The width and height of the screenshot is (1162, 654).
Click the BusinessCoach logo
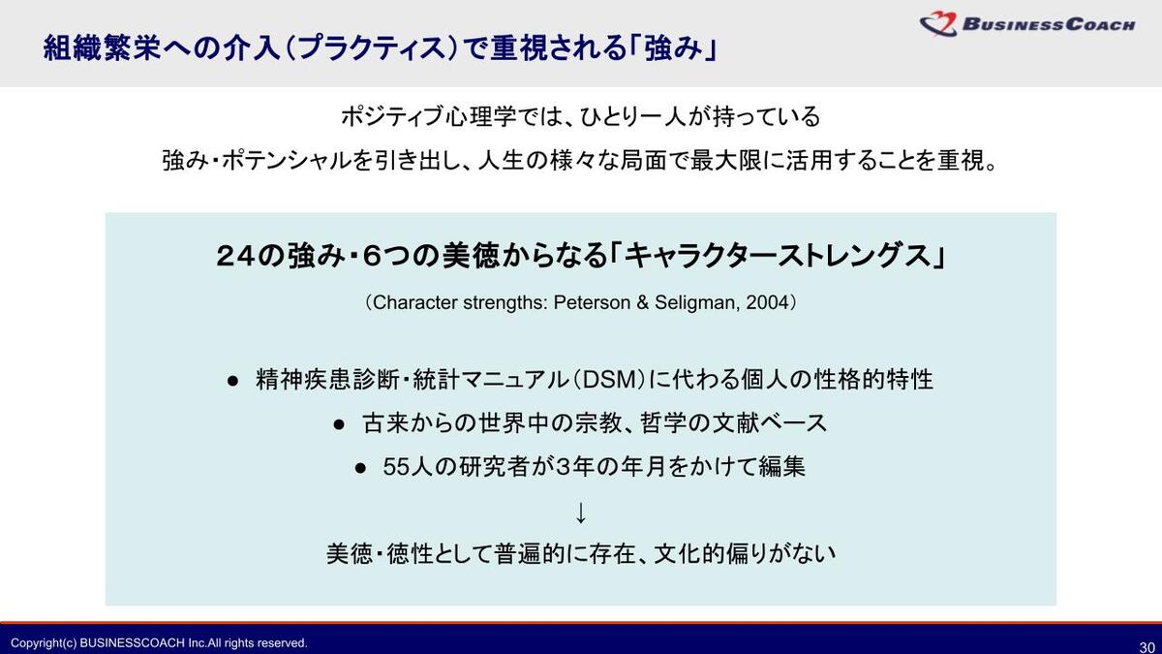pos(1027,24)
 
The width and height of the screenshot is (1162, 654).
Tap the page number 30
pos(1147,647)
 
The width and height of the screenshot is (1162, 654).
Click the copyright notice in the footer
pos(159,643)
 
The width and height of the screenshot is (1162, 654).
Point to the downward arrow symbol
pos(581,513)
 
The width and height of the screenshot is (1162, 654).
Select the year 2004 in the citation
pos(767,302)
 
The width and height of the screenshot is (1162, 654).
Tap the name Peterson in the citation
pos(593,302)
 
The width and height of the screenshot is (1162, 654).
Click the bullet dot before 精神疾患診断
pos(233,382)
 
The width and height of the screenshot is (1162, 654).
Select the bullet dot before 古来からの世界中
pos(339,425)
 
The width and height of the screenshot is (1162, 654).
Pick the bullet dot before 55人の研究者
pos(360,469)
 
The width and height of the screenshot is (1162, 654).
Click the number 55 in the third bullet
pos(397,467)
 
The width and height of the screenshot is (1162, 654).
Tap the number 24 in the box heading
pos(235,257)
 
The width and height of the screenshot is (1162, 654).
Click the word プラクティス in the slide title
pos(372,48)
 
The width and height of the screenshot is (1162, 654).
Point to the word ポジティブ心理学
pos(428,116)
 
